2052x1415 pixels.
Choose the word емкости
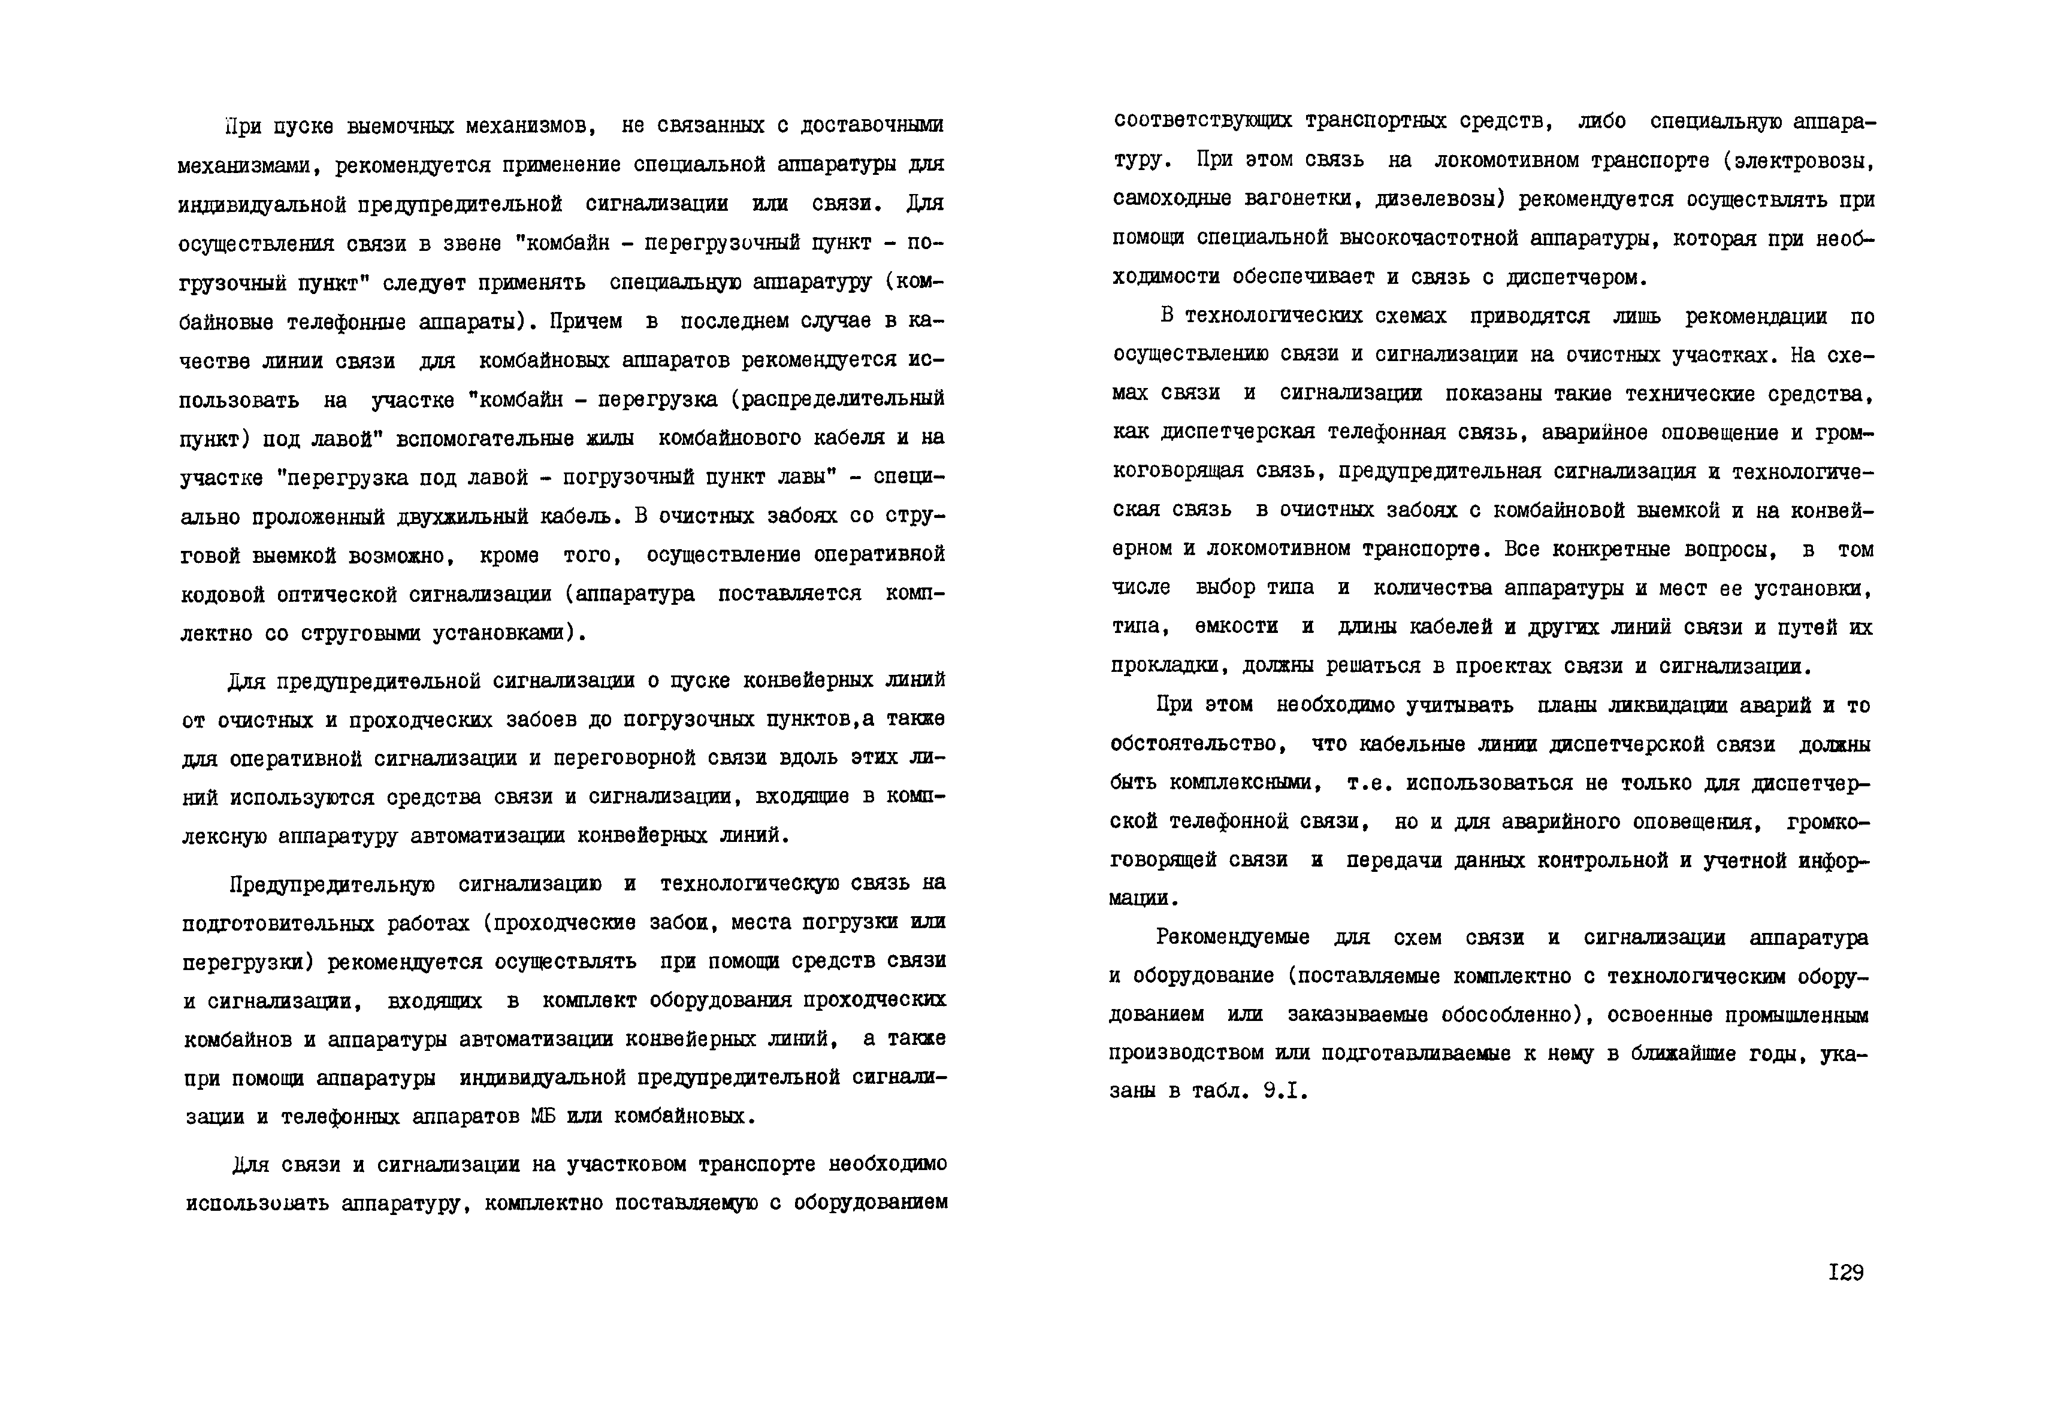1237,628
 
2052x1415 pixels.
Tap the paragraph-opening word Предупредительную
332,884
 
